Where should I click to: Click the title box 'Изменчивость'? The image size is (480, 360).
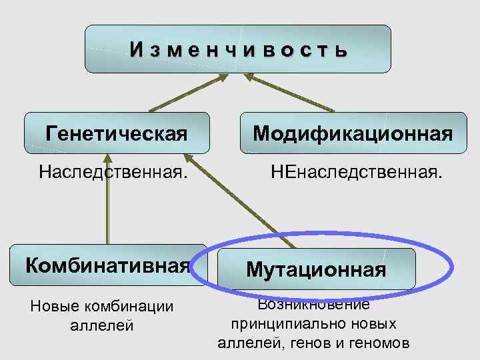237,49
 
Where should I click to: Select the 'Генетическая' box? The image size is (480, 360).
117,133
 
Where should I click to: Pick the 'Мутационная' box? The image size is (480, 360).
316,269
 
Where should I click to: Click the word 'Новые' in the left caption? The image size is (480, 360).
54,307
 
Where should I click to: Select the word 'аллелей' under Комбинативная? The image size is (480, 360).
101,326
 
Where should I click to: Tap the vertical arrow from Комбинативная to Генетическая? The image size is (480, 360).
107,200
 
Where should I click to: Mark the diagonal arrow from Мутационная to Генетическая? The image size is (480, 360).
233,200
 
